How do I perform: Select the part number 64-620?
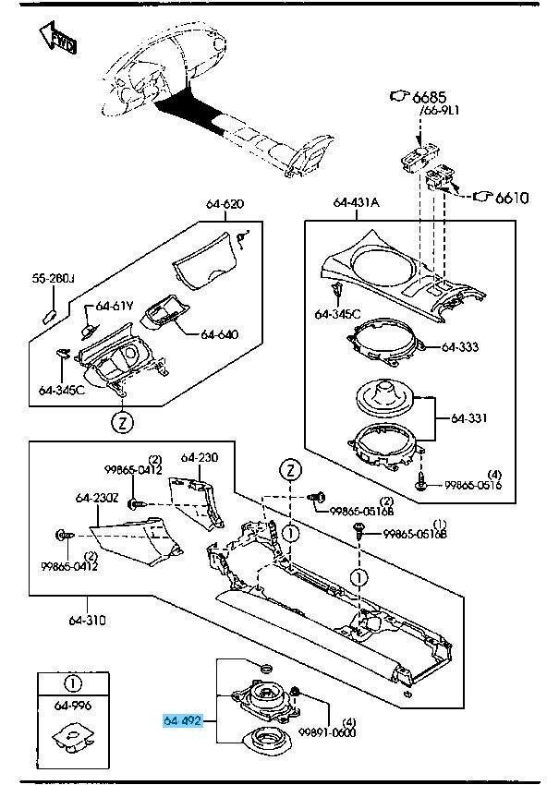pos(225,203)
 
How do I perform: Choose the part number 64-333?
pos(460,348)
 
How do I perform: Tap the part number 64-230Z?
pos(97,499)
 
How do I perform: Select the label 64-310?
pos(87,621)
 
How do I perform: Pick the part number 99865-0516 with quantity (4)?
pos(473,484)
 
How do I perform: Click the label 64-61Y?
pos(115,307)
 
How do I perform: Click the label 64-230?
pos(200,457)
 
